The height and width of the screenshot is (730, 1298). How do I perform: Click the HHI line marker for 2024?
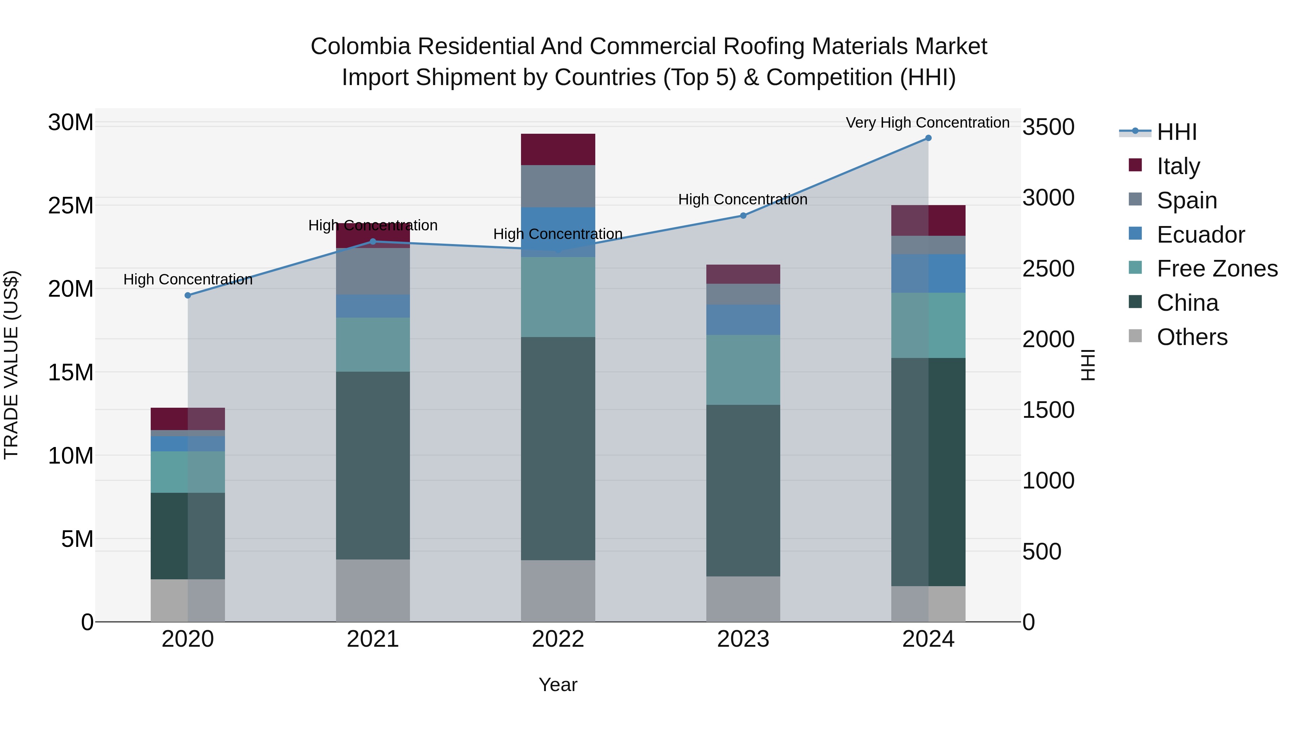coord(928,138)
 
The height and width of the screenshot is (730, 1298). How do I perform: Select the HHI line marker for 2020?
coord(188,296)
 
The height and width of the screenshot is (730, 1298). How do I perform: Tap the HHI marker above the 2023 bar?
coord(743,216)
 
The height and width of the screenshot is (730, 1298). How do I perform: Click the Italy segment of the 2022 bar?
coord(558,150)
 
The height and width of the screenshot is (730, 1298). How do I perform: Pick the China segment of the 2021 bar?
coord(373,465)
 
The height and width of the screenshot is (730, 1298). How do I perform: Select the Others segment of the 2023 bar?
coord(743,599)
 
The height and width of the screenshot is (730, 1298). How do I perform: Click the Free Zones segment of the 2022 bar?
coord(558,297)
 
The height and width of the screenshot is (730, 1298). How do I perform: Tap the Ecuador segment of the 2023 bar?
coord(743,320)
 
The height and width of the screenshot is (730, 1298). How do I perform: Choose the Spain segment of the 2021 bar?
coord(373,271)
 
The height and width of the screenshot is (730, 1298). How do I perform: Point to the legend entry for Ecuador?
coord(1200,235)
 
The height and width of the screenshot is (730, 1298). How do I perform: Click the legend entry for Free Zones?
coord(1217,269)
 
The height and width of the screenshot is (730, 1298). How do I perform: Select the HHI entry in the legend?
coord(1176,132)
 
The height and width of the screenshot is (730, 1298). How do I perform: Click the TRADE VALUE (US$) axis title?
coord(11,365)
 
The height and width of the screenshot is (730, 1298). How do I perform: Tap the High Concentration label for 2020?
coord(188,280)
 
